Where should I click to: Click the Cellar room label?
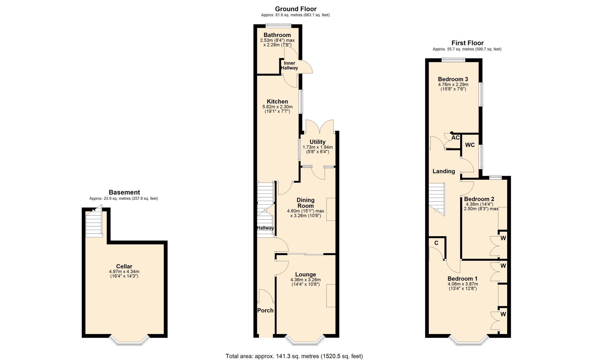tap(124, 266)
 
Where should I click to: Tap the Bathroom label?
tap(277, 35)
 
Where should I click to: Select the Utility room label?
tap(318, 142)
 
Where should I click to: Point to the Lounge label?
tap(305, 274)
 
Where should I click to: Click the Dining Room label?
tap(305, 203)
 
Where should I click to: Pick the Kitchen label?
tap(277, 101)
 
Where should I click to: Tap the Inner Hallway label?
tap(289, 65)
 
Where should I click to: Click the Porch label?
tap(265, 310)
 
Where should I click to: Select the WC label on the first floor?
tap(470, 145)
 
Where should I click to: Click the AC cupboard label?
tap(456, 137)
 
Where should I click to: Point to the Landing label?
tap(444, 171)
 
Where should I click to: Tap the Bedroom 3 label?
tap(453, 79)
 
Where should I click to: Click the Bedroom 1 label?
tap(462, 278)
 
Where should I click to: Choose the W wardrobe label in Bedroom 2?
tap(503, 238)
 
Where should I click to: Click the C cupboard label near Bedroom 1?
tap(436, 243)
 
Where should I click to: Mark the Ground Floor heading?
tap(296, 9)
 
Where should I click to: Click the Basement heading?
tap(124, 192)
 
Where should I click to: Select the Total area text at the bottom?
tap(294, 356)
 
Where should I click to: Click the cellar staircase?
tap(94, 222)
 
